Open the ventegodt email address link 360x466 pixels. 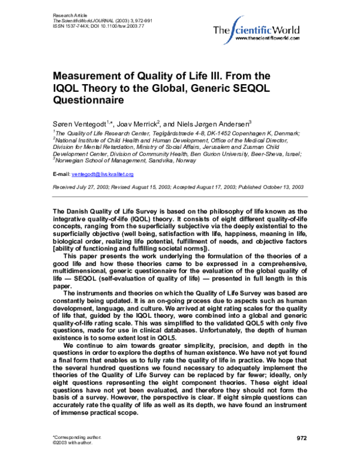coord(103,174)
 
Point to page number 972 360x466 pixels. coord(302,438)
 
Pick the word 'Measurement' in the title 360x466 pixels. coord(91,76)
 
